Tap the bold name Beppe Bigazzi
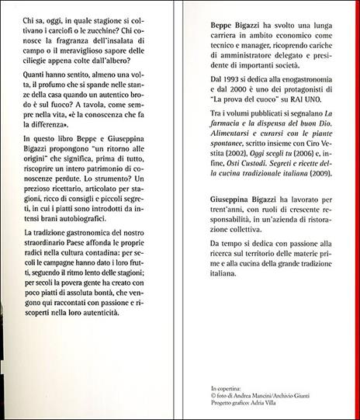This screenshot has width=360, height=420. click(x=222, y=26)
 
